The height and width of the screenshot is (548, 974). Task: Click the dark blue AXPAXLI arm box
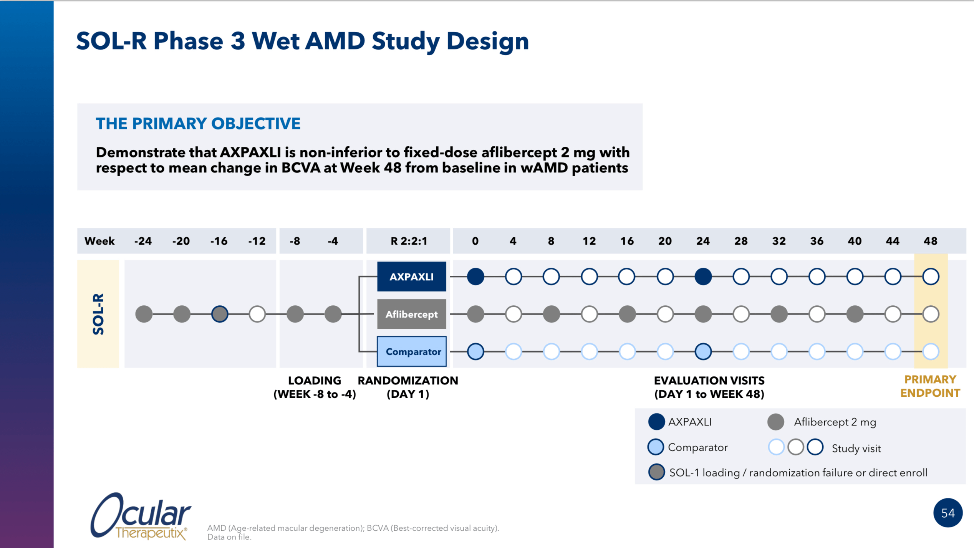click(411, 276)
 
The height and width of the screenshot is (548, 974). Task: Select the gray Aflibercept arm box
click(411, 314)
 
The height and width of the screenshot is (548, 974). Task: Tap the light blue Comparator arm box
click(411, 351)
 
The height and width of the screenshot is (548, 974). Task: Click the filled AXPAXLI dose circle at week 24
click(703, 276)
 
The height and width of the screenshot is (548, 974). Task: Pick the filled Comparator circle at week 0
click(475, 351)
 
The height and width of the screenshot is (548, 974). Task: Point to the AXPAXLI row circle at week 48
click(931, 276)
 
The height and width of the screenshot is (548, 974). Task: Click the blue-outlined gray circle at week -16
click(220, 314)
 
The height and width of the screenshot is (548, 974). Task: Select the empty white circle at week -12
click(257, 314)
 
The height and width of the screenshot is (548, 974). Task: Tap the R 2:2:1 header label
click(409, 241)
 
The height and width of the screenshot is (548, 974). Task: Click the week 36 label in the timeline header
click(817, 241)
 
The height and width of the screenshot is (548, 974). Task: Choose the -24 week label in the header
click(143, 241)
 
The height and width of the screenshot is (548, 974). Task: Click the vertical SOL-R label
click(98, 314)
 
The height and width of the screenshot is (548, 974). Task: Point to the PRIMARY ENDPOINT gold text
click(930, 386)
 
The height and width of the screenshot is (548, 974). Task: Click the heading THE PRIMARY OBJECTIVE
click(198, 124)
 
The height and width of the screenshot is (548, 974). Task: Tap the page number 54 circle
click(947, 513)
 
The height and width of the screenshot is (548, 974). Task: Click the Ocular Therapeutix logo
click(141, 517)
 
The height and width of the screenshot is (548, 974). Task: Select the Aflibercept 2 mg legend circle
click(775, 422)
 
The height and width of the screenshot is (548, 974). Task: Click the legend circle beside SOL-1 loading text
click(656, 472)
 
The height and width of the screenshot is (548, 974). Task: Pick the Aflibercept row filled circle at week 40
click(855, 314)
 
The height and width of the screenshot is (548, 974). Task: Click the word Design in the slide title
click(488, 41)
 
